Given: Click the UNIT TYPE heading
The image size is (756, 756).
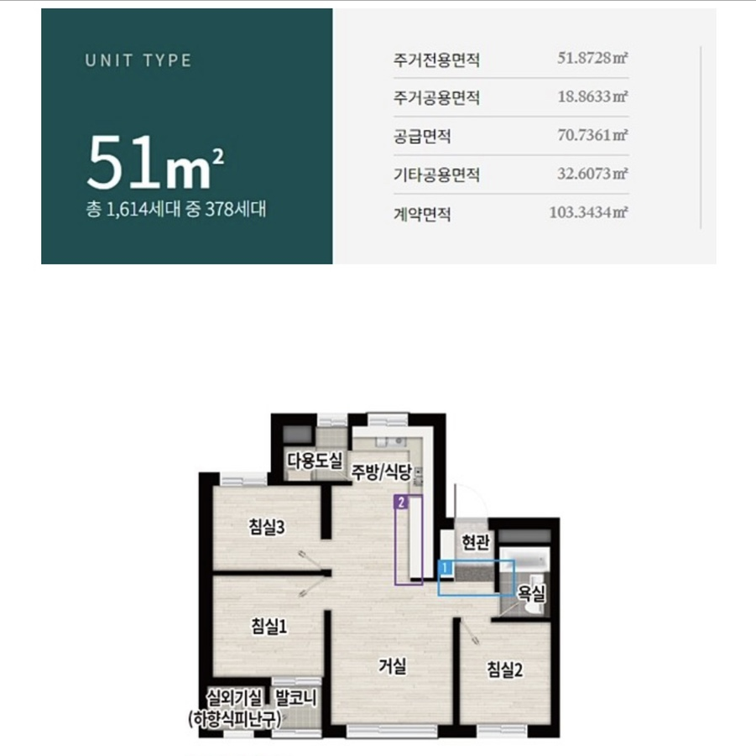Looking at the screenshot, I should point(138,60).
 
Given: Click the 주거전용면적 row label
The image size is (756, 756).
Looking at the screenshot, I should point(436,60).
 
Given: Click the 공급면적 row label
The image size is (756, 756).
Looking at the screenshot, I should point(422,136).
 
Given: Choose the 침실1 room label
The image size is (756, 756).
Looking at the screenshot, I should point(269,626).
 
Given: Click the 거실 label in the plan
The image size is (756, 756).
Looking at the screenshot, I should point(392,667).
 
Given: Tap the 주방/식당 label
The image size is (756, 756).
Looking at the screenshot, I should point(381,472).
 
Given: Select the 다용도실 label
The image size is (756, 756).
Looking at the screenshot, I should point(315,460).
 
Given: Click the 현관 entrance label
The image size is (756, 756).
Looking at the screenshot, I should point(476,544).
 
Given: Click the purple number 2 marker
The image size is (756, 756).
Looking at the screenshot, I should point(403,503).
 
